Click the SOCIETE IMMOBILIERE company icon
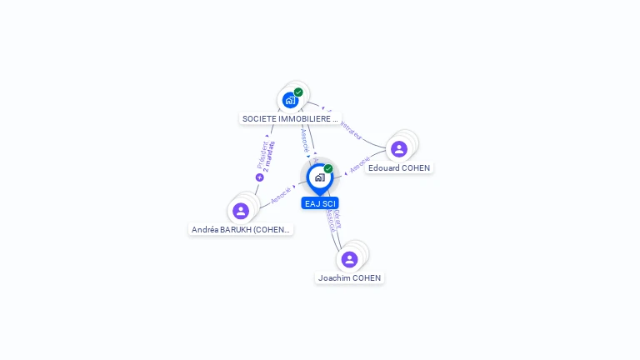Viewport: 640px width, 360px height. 290,100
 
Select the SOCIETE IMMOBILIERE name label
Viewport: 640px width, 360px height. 290,119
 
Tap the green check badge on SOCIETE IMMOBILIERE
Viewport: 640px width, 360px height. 298,92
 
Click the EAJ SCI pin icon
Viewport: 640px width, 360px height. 319,177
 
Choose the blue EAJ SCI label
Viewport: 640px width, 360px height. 320,203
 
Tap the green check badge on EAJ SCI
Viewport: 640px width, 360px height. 328,169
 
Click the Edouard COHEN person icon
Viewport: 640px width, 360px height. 399,149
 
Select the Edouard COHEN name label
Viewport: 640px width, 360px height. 399,168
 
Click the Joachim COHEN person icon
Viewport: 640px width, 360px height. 350,259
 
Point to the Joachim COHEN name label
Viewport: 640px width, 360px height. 350,278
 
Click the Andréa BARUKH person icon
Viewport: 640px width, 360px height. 241,211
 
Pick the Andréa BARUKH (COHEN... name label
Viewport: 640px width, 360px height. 241,230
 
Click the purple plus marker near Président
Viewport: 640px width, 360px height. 259,177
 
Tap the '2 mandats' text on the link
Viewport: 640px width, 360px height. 268,157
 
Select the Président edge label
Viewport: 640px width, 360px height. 261,155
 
